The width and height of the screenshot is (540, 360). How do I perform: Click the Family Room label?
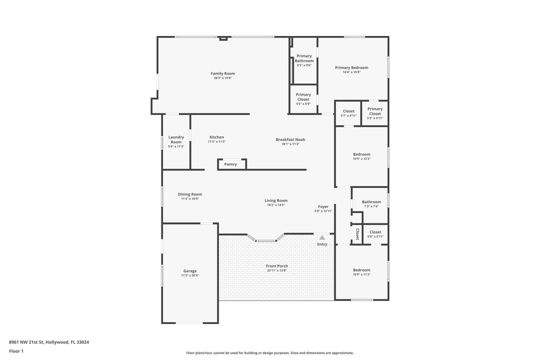tap(223, 73)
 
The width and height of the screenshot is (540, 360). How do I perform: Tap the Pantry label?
tap(230, 164)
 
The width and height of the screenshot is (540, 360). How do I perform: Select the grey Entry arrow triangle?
tap(322, 238)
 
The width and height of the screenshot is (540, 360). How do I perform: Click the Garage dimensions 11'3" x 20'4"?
tap(190, 276)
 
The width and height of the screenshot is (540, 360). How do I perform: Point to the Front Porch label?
tap(277, 266)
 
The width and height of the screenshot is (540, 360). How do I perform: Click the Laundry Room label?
tap(176, 139)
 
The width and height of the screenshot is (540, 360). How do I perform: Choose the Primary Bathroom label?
tap(304, 58)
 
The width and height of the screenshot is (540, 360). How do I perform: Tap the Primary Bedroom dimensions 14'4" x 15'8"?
tap(352, 72)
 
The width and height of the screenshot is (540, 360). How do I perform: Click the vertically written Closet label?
tap(357, 234)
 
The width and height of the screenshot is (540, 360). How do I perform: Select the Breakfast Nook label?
tap(290, 139)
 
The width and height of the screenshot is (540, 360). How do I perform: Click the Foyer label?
tap(323, 206)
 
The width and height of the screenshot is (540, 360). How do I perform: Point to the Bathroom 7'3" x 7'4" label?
tap(371, 202)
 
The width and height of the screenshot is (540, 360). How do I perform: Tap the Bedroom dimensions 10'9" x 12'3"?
tap(362, 159)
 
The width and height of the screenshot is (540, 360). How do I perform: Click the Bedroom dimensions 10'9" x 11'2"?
tap(362, 274)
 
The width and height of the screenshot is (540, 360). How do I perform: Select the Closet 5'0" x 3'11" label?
tap(375, 232)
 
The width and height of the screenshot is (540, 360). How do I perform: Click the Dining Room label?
tap(190, 194)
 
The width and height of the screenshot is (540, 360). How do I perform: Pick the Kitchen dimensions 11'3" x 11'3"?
tap(217, 142)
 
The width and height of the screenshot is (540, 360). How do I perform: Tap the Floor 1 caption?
tap(16, 351)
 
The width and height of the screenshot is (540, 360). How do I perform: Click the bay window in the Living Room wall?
tap(266, 240)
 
